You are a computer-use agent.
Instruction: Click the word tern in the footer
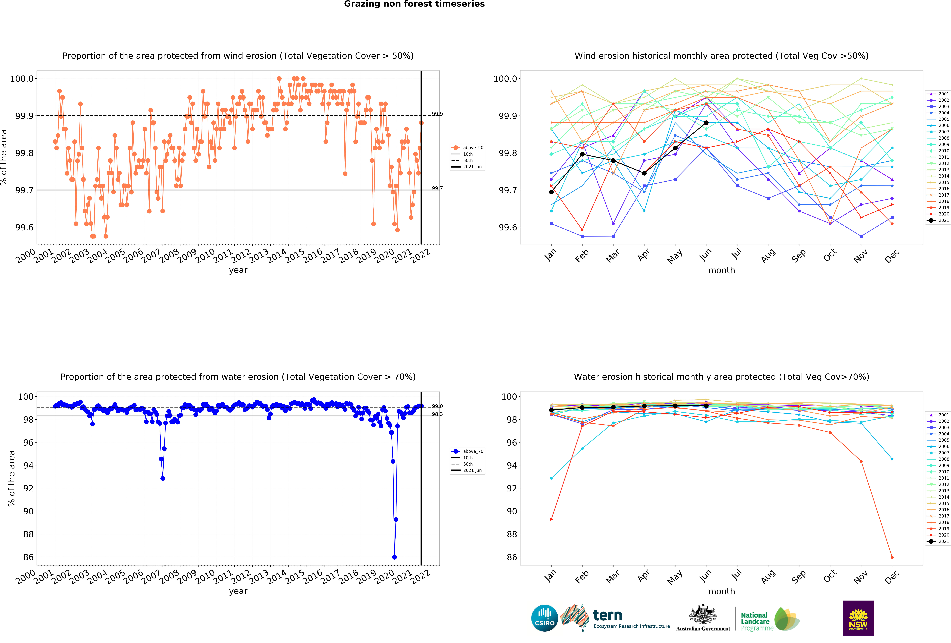point(608,615)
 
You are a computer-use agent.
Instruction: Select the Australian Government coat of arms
point(703,614)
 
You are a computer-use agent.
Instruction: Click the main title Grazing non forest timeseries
point(414,4)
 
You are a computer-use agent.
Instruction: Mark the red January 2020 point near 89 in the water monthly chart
point(551,519)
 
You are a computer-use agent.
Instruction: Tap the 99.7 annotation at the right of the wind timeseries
point(437,188)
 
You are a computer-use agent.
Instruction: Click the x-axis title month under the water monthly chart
point(721,591)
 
